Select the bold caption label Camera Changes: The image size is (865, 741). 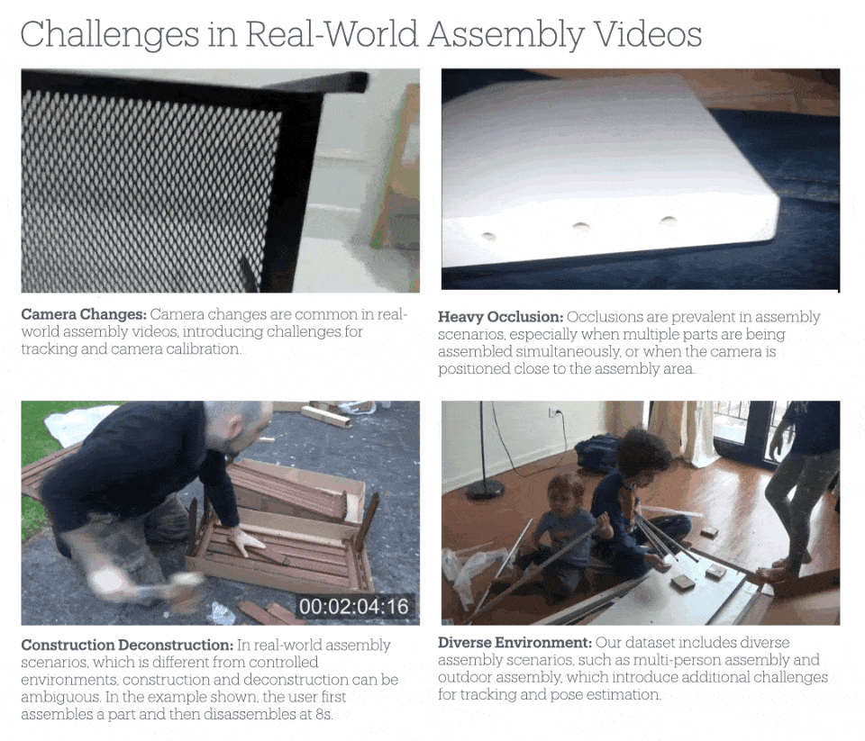[83, 315]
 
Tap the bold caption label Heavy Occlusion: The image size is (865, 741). [500, 317]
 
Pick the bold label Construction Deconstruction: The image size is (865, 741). [127, 646]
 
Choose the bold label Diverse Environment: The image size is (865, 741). [514, 643]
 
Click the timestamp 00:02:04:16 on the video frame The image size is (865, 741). [353, 607]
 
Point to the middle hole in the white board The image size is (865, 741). [581, 227]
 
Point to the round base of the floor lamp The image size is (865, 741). [485, 489]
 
